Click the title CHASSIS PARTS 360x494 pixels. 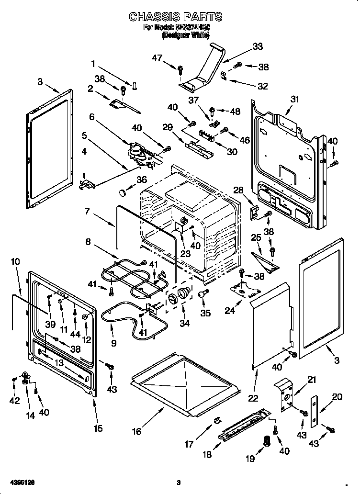point(175,17)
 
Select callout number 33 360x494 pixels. point(258,46)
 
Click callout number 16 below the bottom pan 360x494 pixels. point(137,431)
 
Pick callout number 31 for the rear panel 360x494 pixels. point(294,99)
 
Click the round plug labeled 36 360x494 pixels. point(124,192)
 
